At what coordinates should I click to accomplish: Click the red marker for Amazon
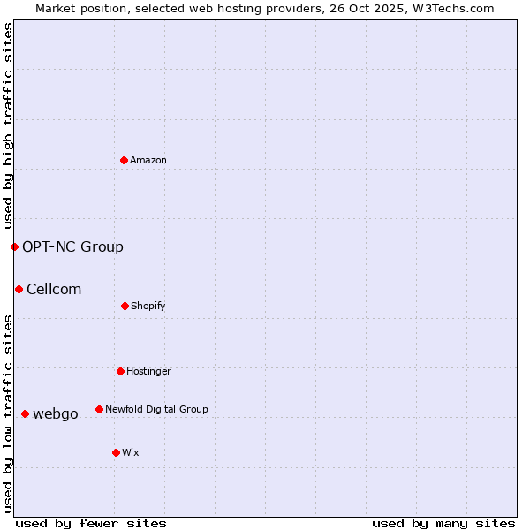[125, 160]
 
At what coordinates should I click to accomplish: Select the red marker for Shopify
[125, 306]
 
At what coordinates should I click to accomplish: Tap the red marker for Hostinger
[120, 371]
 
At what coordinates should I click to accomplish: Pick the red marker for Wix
[116, 452]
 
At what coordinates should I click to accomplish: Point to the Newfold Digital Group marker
[99, 409]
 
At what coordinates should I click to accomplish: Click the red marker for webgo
[25, 413]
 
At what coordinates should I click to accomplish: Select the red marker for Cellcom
[19, 289]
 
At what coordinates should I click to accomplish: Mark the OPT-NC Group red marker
[14, 246]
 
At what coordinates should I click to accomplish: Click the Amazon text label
[148, 160]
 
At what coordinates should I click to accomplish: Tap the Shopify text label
[148, 306]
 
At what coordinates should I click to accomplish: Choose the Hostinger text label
[148, 371]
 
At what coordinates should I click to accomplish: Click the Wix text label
[131, 452]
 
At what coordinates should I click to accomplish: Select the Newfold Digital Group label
[156, 409]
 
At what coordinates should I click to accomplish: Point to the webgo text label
[56, 413]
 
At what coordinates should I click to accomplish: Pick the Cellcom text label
[54, 289]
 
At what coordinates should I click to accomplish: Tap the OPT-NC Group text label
[72, 246]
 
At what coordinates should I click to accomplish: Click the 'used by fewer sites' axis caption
[91, 523]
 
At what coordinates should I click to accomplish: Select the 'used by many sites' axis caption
[443, 523]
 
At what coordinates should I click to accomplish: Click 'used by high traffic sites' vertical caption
[8, 125]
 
